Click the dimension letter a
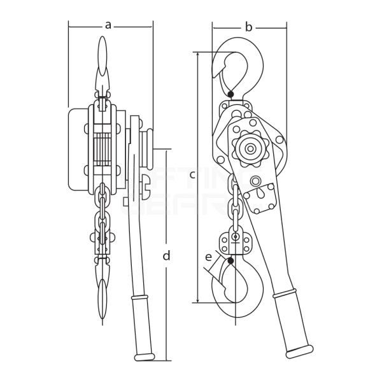tap(108, 25)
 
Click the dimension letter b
tap(249, 27)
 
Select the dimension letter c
tap(192, 174)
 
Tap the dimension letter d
tap(166, 256)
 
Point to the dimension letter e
tap(209, 257)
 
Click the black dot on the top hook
tap(230, 94)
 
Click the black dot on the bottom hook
tap(230, 260)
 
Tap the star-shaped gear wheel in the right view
tap(250, 149)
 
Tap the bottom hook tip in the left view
tap(103, 306)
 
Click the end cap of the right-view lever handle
tap(300, 350)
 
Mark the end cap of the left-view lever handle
tap(144, 357)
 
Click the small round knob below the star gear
tap(255, 181)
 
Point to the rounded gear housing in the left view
tap(77, 150)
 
